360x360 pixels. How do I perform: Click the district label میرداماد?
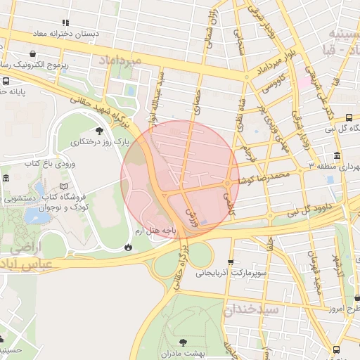[122, 60]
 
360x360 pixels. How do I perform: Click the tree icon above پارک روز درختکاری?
[98, 131]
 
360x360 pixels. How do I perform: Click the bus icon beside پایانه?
[6, 82]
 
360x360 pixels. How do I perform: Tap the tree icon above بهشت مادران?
[184, 342]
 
